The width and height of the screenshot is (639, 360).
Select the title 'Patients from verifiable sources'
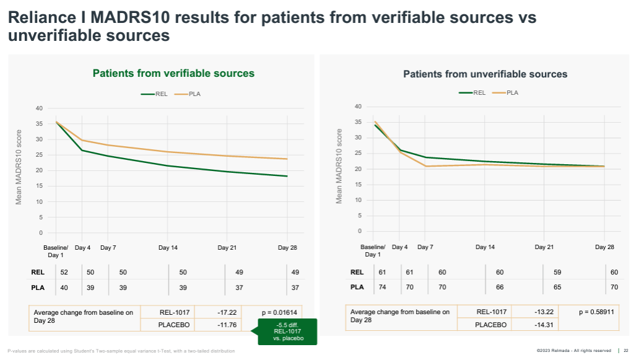173,73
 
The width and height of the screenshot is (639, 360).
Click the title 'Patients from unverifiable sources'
485,74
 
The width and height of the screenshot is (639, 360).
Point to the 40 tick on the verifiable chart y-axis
39,108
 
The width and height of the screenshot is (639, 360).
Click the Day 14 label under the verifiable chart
168,248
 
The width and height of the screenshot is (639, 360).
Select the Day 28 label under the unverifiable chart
604,247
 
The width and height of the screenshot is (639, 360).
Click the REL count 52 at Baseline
64,272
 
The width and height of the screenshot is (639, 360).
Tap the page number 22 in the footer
626,351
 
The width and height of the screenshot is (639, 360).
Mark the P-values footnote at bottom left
121,351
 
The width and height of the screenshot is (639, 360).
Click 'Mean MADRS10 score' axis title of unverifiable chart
339,166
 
